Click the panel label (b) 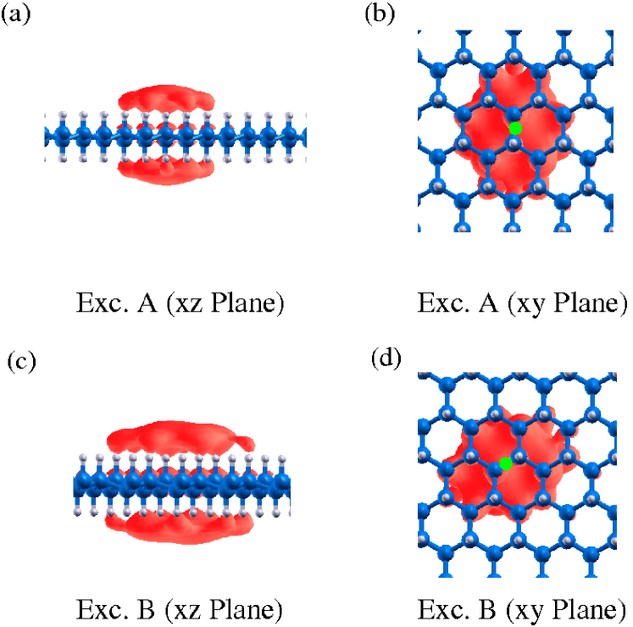tap(380, 14)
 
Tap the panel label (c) tap(21, 362)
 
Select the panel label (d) tap(386, 358)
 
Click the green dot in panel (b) tap(514, 128)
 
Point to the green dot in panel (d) tap(506, 463)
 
